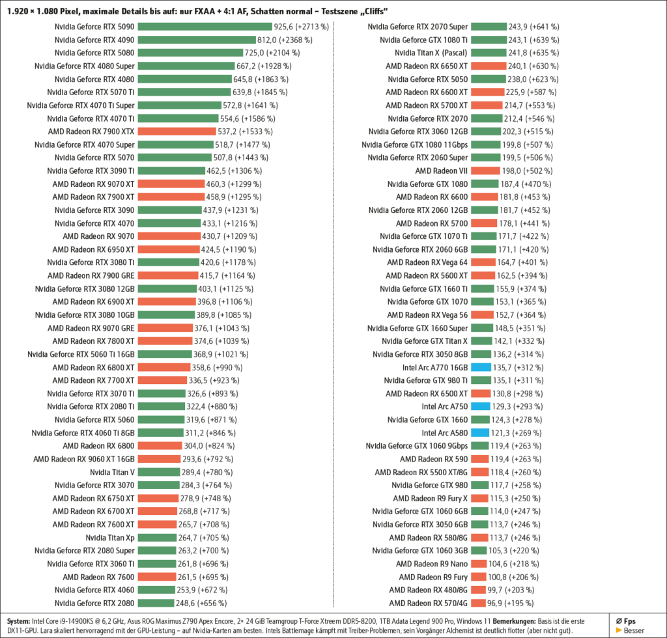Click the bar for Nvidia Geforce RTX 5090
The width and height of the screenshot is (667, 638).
tap(205, 27)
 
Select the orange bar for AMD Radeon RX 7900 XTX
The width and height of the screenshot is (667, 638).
tap(176, 132)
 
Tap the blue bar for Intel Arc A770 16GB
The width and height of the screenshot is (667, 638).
tap(480, 367)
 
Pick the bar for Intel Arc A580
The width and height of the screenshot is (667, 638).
tap(480, 432)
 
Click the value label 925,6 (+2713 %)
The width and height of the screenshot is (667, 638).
tap(304, 27)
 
